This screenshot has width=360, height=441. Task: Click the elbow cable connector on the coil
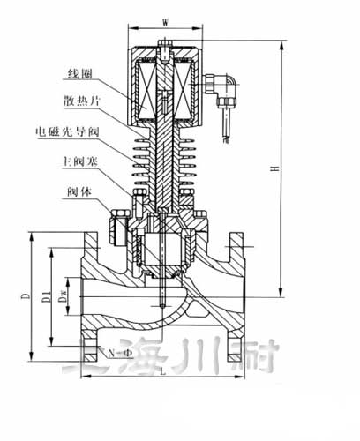(x=215, y=85)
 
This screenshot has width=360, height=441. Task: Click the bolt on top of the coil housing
(x=166, y=45)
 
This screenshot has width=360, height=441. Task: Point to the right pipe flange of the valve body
(x=236, y=295)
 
